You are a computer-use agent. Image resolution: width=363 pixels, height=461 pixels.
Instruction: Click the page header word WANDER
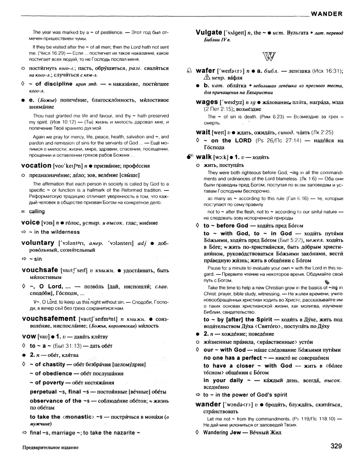tap(327, 14)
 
